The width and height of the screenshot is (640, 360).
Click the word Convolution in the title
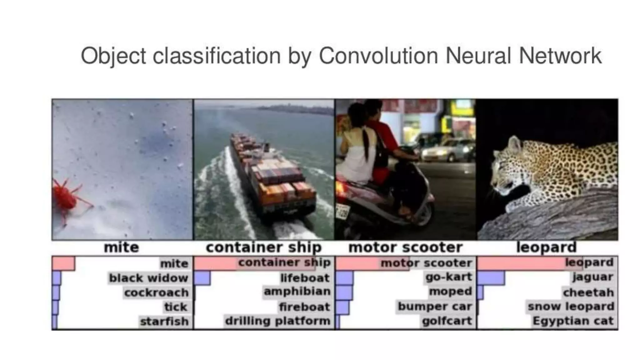(378, 56)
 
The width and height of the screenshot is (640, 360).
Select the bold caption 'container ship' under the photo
(264, 247)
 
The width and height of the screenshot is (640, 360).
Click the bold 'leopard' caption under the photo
(546, 247)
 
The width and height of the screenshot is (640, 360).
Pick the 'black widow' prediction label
(148, 278)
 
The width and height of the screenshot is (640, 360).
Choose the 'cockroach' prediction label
(156, 292)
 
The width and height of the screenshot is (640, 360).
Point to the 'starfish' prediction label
(164, 321)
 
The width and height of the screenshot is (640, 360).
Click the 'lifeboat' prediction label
(305, 278)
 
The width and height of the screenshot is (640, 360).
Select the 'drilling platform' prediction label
(277, 321)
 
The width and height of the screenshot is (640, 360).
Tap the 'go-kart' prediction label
(448, 277)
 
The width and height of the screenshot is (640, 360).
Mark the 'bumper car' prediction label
(435, 306)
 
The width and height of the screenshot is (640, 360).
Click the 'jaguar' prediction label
(592, 277)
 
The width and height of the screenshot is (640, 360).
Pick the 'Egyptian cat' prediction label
(573, 321)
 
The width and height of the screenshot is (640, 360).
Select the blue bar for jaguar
(491, 278)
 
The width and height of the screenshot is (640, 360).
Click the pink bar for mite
(63, 263)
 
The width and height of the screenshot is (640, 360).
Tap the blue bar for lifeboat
(202, 278)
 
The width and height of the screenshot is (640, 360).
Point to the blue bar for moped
(344, 293)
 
